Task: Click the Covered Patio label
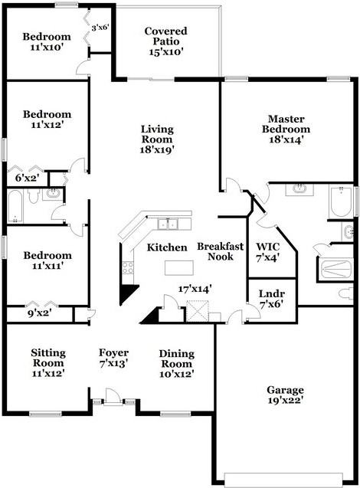click(x=166, y=36)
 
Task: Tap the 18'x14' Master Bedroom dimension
click(x=286, y=139)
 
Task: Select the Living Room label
click(x=157, y=134)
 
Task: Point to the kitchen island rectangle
click(x=179, y=268)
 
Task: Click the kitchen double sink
click(x=168, y=224)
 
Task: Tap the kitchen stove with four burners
click(x=128, y=268)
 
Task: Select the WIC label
click(x=268, y=247)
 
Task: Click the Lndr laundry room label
click(x=272, y=293)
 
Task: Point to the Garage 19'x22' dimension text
click(x=286, y=400)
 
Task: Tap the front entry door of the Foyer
click(x=113, y=397)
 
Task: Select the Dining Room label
click(x=177, y=359)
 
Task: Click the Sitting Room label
click(x=48, y=358)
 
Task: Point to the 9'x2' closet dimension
click(x=40, y=313)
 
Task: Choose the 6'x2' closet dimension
click(x=27, y=178)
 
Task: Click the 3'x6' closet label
click(x=100, y=28)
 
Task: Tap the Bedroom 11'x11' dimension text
click(x=47, y=266)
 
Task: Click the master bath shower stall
click(x=335, y=270)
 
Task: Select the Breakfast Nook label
click(x=221, y=251)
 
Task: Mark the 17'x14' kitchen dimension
click(x=195, y=289)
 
